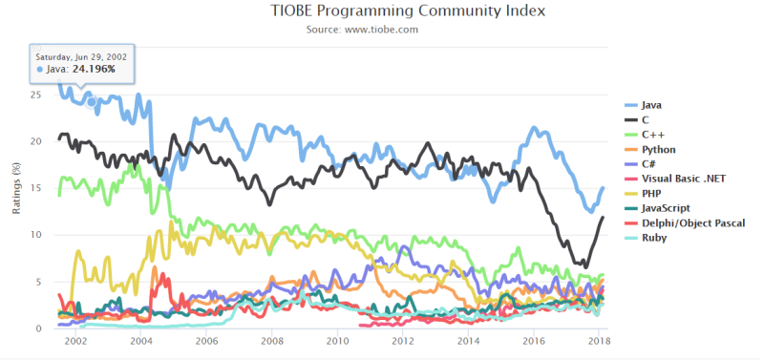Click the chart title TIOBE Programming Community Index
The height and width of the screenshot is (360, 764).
pos(383,11)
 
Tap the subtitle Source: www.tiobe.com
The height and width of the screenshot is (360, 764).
pos(382,30)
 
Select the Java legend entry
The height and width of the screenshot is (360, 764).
pos(652,104)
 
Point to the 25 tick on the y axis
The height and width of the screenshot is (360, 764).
pos(36,95)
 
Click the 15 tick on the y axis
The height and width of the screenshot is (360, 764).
pos(36,188)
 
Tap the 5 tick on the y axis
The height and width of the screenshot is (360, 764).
pos(39,282)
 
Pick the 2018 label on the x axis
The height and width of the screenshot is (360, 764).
pos(598,341)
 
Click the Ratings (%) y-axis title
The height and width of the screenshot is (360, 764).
pos(15,188)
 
